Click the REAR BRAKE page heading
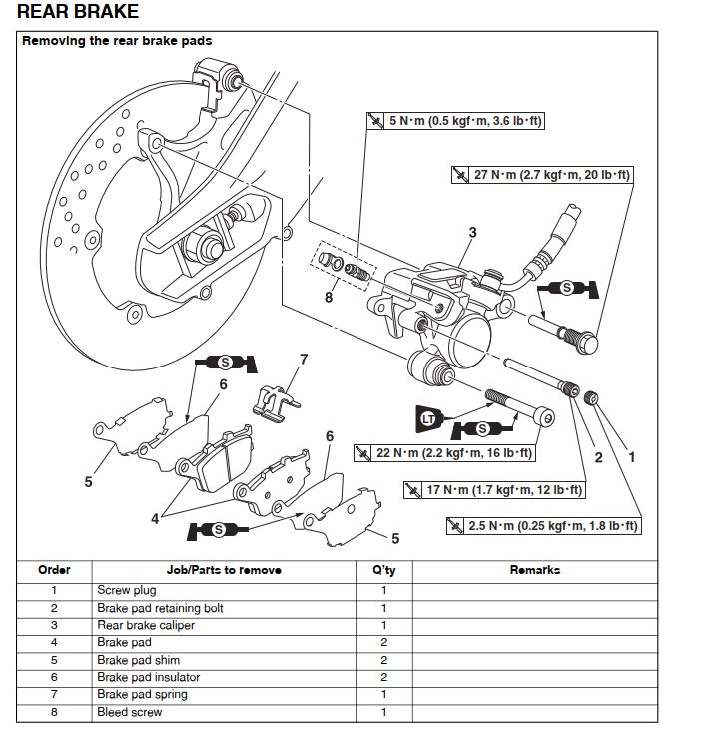point(78,13)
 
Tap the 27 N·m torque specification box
point(541,175)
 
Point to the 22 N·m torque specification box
point(444,453)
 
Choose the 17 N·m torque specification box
point(493,490)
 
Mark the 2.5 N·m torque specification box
point(544,525)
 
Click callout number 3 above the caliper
point(472,233)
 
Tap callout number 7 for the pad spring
point(304,359)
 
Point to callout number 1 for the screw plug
point(630,458)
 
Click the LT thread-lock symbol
point(427,418)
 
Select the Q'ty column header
point(384,570)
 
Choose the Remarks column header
point(534,570)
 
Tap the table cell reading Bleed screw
point(129,712)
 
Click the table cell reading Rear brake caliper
point(146,625)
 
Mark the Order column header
point(54,570)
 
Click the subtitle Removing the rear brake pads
point(117,41)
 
